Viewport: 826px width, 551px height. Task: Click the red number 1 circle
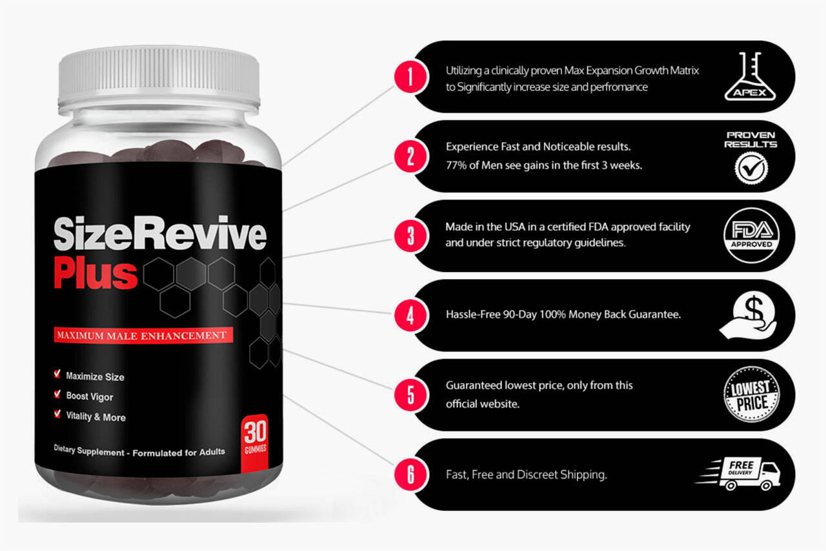pos(411,78)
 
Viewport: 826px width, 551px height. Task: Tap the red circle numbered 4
pos(411,315)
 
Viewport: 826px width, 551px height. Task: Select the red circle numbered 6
pos(411,474)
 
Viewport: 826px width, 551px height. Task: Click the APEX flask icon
pos(750,76)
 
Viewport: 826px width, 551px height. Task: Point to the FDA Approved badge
pos(751,236)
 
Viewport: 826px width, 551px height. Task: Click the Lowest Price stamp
pos(751,395)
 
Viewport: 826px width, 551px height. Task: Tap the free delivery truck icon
pos(738,474)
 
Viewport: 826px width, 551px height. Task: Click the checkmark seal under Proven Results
pos(751,169)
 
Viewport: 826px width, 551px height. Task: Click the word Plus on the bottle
pos(96,273)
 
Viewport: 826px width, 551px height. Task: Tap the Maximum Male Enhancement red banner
pos(143,335)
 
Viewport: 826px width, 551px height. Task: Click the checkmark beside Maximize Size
pos(57,374)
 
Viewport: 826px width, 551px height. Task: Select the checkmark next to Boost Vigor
pos(57,394)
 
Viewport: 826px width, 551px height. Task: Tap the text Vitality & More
pos(96,417)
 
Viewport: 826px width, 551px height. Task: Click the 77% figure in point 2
pos(456,165)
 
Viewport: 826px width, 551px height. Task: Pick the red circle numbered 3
pos(411,236)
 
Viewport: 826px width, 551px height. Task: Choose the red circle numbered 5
pos(411,395)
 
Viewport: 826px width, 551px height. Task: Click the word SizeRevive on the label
pos(160,234)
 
